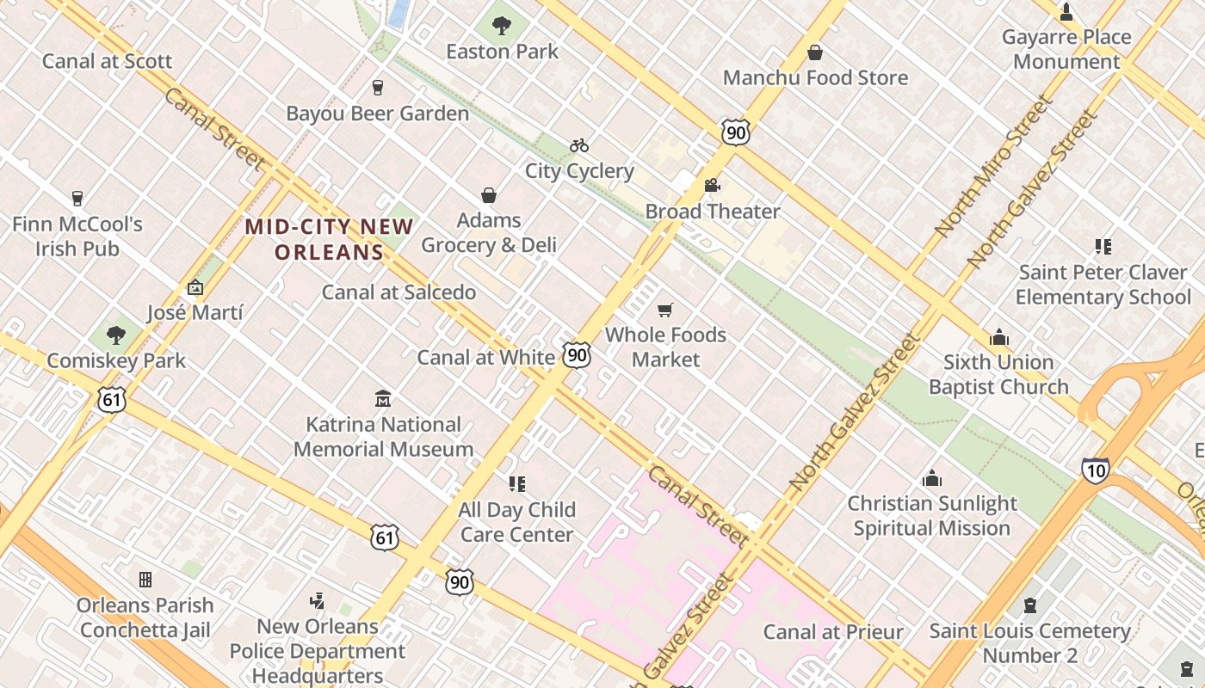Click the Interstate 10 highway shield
point(1095,470)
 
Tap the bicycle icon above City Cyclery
point(579,145)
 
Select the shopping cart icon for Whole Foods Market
point(664,310)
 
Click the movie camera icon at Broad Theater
point(712,186)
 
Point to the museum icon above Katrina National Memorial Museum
point(383,399)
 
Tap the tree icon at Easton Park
point(502,26)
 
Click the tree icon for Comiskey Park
point(115,335)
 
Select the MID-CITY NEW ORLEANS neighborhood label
point(329,239)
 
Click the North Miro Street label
point(994,167)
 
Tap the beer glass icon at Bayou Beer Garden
point(377,88)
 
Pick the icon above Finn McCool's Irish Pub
point(77,199)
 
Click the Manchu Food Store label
point(815,77)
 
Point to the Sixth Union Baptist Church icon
point(998,337)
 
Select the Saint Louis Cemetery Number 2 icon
point(1029,606)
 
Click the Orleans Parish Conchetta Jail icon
point(145,580)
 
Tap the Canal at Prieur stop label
point(833,632)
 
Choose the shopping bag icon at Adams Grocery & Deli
point(489,195)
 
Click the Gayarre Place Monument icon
point(1066,12)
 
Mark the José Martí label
point(195,312)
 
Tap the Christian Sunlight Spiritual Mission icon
point(931,478)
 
